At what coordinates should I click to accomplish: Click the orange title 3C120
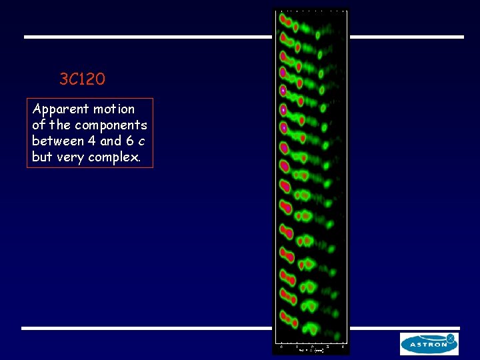click(x=82, y=80)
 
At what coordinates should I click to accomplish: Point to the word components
click(x=111, y=125)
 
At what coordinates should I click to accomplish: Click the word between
click(x=58, y=141)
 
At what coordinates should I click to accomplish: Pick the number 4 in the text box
click(x=92, y=141)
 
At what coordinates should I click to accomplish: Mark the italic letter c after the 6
click(x=141, y=141)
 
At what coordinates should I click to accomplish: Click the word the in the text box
click(x=60, y=125)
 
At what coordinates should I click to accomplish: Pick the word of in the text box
click(x=39, y=125)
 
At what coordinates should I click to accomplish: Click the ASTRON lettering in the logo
click(x=424, y=345)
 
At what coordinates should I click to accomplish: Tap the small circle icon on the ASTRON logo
click(x=450, y=339)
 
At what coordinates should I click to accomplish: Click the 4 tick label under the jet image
click(x=342, y=346)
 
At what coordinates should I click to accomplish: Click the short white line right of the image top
click(x=406, y=37)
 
